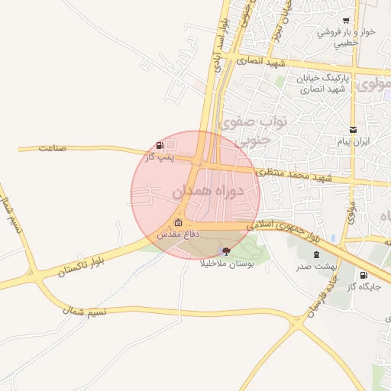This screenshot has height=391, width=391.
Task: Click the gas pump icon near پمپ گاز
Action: tap(160, 145)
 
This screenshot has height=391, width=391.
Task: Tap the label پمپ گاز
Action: tap(160, 157)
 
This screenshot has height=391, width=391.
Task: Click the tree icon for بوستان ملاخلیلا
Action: tap(225, 250)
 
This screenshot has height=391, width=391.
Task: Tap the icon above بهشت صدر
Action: tap(315, 254)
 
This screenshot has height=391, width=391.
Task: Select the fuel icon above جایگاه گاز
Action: tap(363, 275)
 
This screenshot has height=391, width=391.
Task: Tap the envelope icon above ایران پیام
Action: tap(352, 129)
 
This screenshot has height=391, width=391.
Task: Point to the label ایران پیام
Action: tap(352, 141)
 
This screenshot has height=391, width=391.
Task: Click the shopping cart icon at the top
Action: tap(347, 21)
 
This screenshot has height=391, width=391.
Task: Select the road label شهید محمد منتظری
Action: tap(294, 176)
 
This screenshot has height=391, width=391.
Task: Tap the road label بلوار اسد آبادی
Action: tap(222, 46)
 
